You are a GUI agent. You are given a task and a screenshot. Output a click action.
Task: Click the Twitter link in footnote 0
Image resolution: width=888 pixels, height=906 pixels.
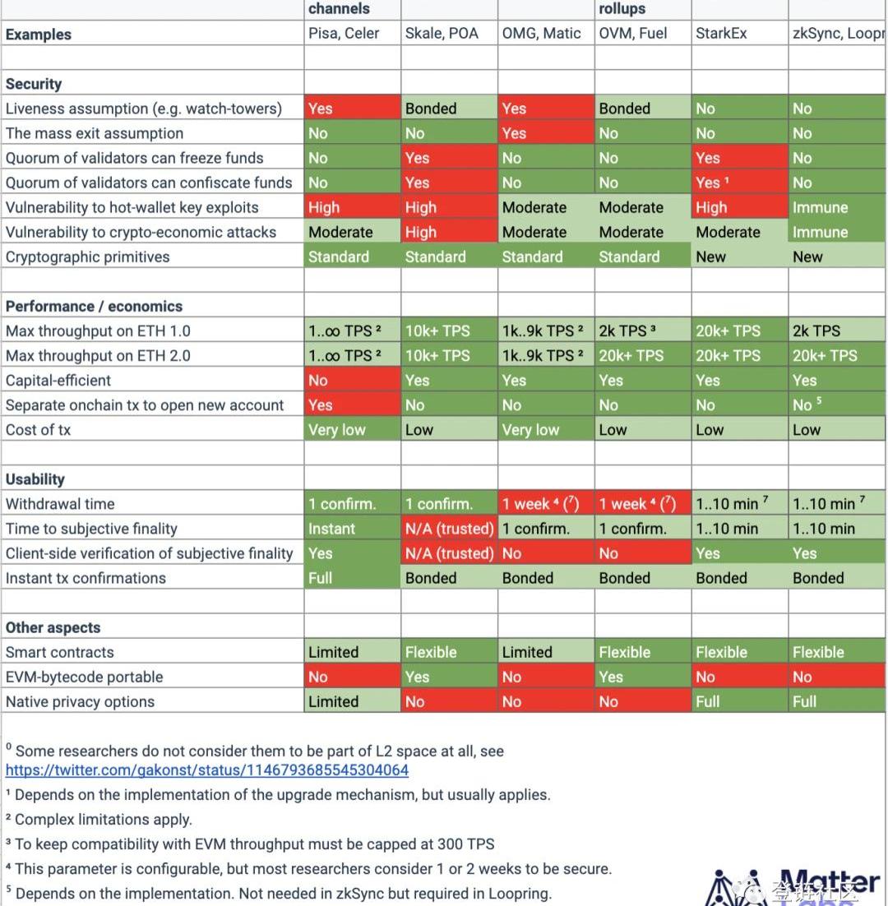(207, 770)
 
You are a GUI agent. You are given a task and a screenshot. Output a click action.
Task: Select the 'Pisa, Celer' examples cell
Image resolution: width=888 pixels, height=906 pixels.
(345, 34)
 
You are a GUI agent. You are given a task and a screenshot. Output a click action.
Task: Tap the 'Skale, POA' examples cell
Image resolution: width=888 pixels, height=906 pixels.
(442, 34)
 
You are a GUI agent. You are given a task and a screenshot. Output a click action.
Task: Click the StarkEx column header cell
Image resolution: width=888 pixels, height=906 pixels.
(721, 34)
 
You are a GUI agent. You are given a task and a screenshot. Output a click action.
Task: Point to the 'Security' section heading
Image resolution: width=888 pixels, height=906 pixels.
(34, 84)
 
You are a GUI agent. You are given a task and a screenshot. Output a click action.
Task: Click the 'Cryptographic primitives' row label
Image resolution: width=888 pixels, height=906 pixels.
(88, 257)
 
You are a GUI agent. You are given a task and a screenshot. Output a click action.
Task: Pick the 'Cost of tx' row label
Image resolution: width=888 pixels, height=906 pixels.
(39, 429)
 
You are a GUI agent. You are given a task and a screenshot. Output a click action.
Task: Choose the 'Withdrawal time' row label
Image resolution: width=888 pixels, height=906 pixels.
(60, 504)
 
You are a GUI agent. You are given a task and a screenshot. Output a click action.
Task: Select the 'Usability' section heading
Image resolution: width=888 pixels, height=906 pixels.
(35, 479)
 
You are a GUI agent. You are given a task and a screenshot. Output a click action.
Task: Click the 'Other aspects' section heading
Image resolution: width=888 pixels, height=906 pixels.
(53, 627)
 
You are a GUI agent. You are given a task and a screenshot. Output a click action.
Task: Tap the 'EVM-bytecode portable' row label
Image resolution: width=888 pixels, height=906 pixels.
(85, 677)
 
